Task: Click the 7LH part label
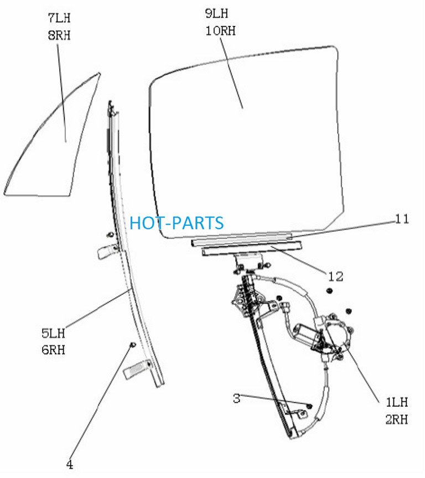[x=59, y=18]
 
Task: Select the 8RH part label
[x=59, y=35]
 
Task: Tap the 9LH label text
[x=216, y=14]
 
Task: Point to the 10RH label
[x=220, y=31]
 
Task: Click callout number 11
[x=402, y=219]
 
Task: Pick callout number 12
[x=336, y=277]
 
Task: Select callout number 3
[x=237, y=398]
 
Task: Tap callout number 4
[x=70, y=465]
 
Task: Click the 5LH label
[x=53, y=333]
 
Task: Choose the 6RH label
[x=53, y=350]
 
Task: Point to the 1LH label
[x=397, y=402]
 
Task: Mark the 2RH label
[x=397, y=419]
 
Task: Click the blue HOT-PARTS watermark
[x=177, y=223]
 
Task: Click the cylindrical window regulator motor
[x=306, y=334]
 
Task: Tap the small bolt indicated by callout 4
[x=133, y=345]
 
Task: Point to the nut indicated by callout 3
[x=309, y=406]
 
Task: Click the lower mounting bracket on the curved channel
[x=137, y=369]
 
